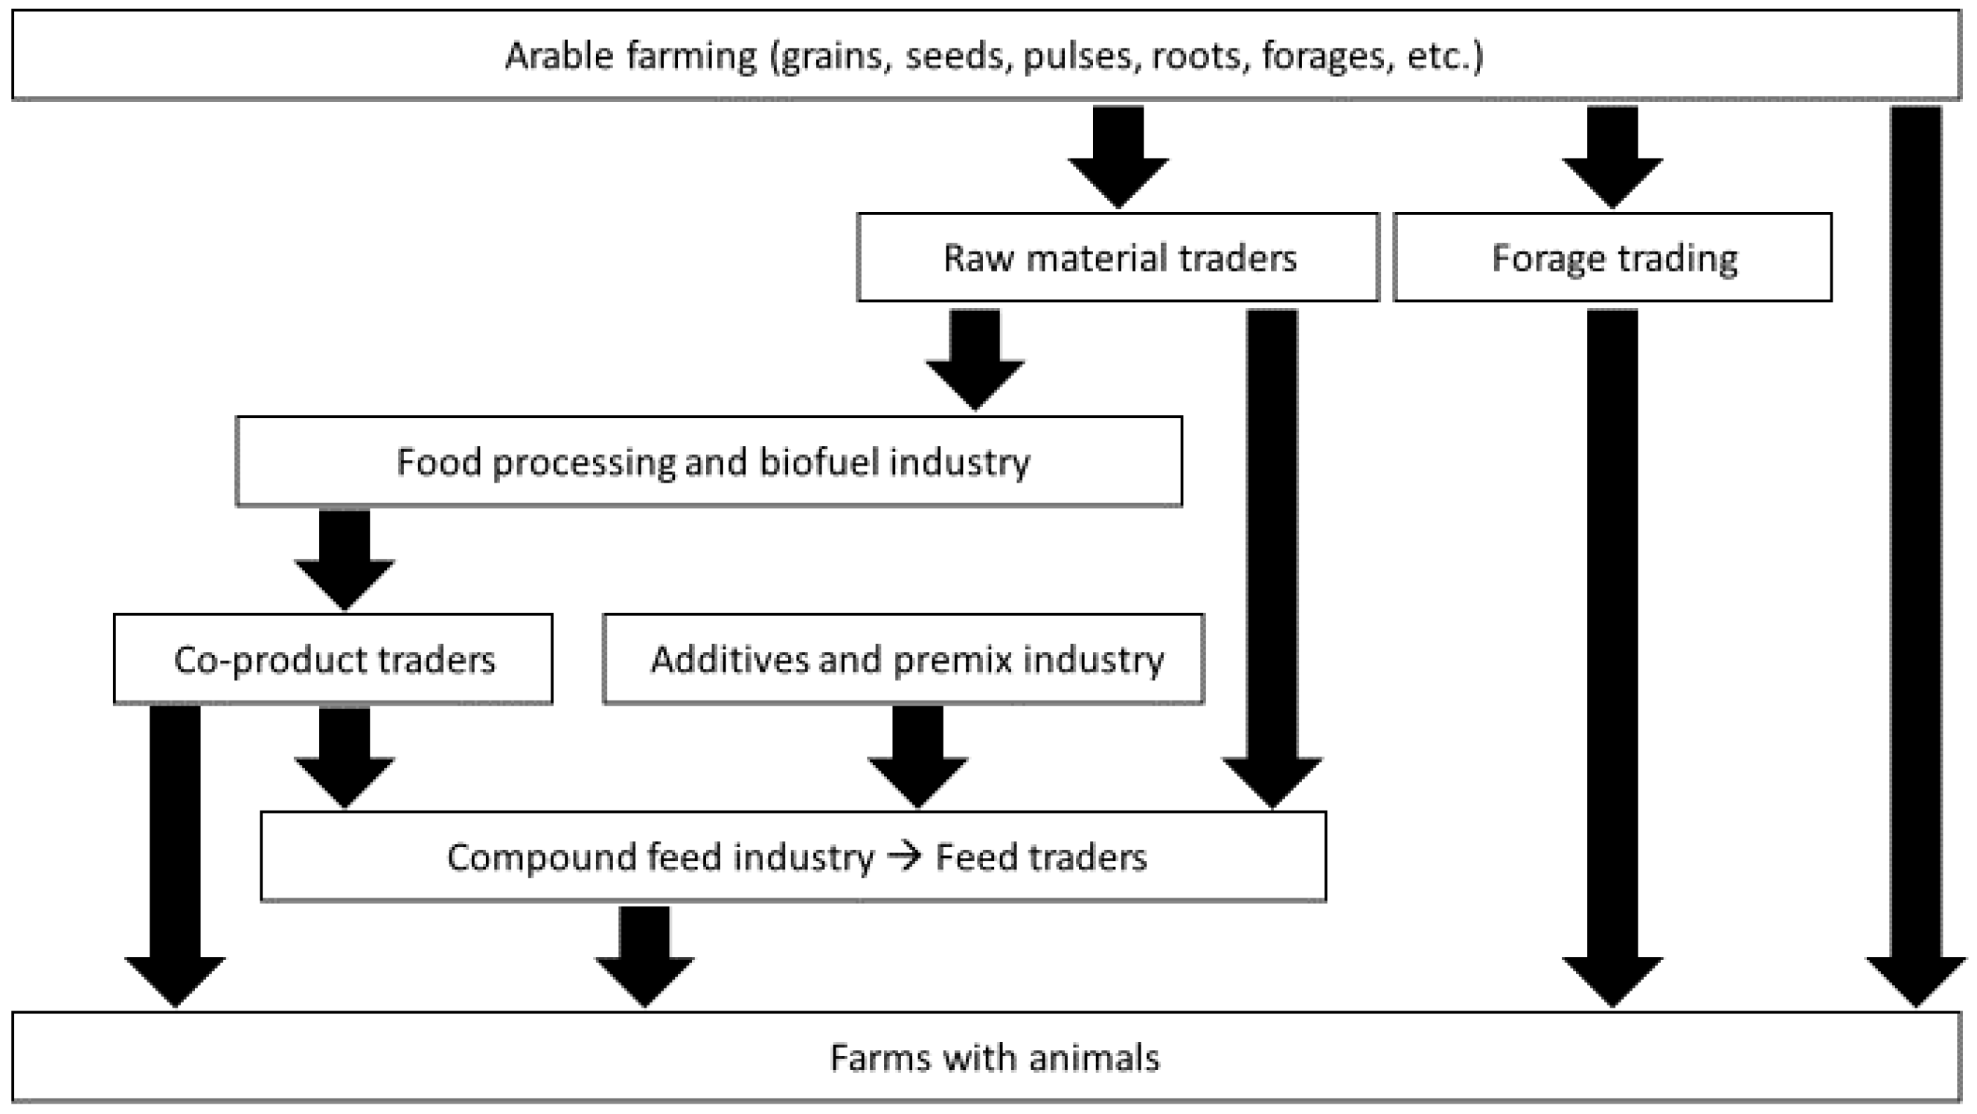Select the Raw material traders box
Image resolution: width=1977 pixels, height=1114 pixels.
1118,258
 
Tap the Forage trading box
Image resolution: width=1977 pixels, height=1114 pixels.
1612,258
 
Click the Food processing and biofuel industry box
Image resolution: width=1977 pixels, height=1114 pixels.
709,462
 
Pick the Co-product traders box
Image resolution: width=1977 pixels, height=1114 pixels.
333,659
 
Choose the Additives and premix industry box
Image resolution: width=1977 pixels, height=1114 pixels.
903,659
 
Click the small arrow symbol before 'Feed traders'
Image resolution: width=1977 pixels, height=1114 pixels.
904,856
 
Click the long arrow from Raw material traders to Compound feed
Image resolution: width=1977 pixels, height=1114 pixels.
1272,553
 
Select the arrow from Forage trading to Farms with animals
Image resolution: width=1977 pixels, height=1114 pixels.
1612,652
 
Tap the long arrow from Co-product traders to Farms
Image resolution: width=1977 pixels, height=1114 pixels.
175,851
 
